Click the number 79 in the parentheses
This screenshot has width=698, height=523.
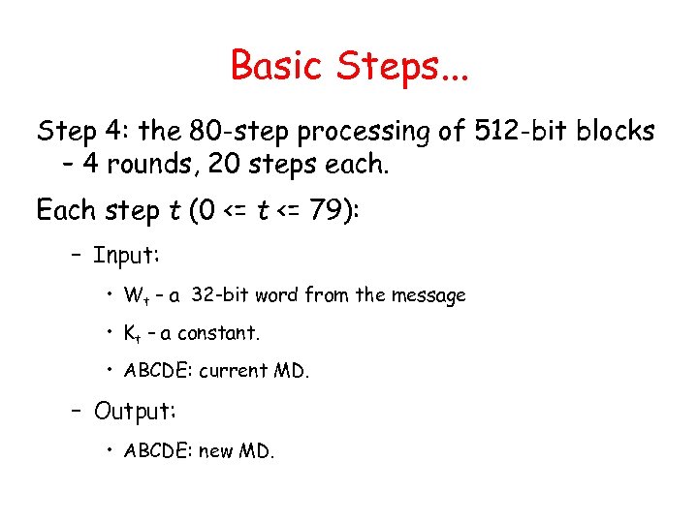coord(329,209)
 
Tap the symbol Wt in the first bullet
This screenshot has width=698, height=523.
coord(134,295)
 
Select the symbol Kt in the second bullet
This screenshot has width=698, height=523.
coord(132,333)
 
